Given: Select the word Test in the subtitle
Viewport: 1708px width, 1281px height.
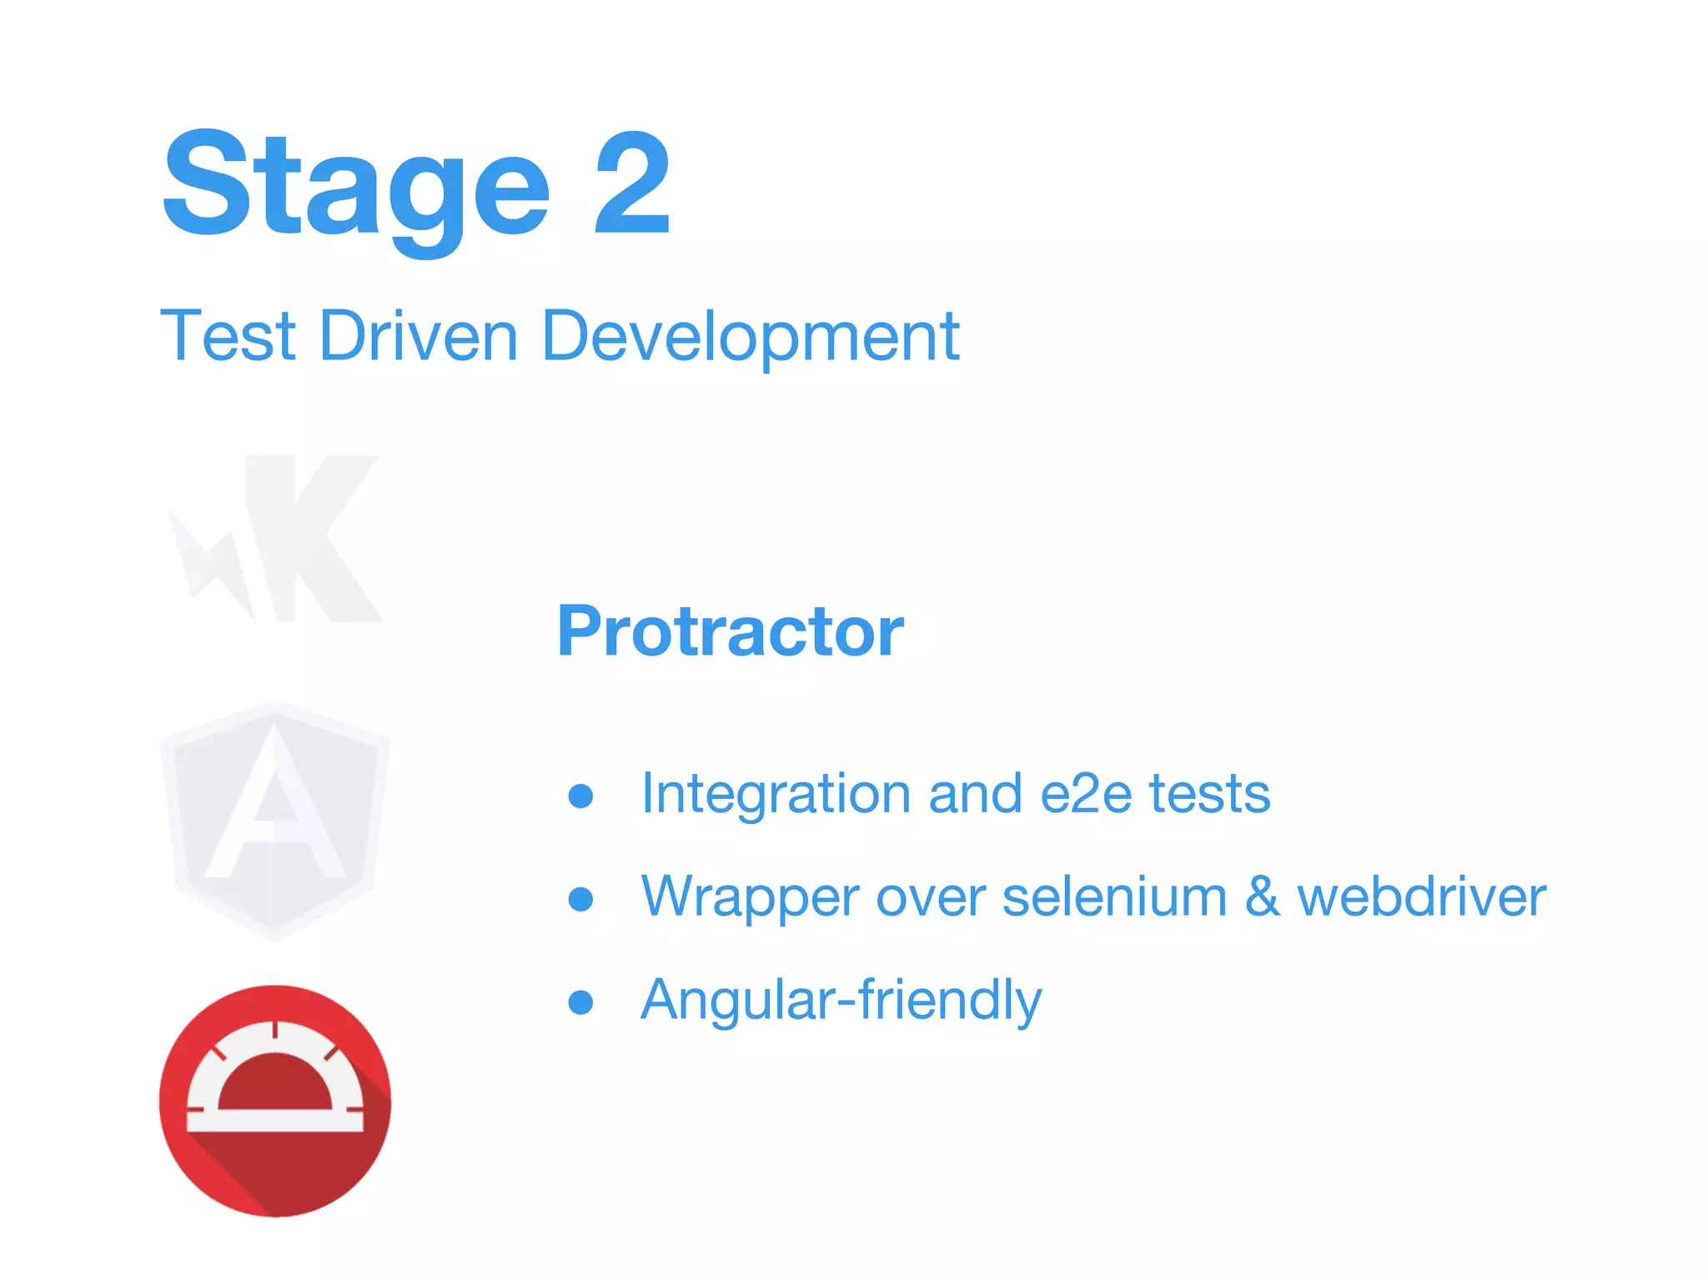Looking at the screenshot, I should [x=228, y=335].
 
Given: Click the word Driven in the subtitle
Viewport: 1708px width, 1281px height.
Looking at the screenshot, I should [x=419, y=335].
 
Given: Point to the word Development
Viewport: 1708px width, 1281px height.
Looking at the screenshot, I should [x=751, y=337].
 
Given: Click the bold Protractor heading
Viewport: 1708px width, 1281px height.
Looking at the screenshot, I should [x=730, y=631].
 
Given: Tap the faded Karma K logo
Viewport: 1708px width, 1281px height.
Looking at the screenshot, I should [x=279, y=538].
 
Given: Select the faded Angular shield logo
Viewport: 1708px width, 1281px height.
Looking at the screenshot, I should [x=275, y=821].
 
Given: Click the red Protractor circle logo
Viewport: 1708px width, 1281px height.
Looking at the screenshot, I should [x=275, y=1101].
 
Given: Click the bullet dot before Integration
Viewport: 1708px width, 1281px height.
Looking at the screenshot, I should [x=580, y=796].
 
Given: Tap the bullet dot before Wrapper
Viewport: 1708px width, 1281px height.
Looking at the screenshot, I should [x=580, y=899].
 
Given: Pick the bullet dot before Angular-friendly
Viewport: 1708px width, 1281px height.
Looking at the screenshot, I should [x=580, y=1002].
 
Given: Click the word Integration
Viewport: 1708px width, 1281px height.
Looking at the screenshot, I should [x=776, y=793].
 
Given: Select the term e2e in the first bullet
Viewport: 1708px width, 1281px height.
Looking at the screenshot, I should [x=1086, y=793].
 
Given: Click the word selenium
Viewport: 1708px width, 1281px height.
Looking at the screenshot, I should [x=1114, y=897].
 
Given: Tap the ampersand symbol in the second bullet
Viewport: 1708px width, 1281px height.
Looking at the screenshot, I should [x=1263, y=897].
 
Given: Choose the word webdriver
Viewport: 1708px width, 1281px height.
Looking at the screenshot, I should [x=1422, y=897].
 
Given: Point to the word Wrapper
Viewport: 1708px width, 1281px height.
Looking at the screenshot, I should [x=750, y=898].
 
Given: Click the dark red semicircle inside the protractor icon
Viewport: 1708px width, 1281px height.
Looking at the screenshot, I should [x=275, y=1084].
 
